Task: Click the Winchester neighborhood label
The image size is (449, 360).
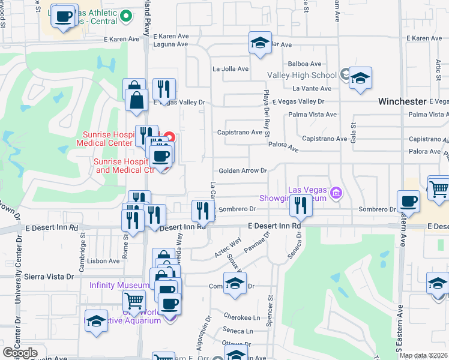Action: [402, 102]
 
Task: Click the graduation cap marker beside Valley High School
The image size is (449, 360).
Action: [360, 79]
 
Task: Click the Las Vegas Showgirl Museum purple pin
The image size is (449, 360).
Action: [336, 193]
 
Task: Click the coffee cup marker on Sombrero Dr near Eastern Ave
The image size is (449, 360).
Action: [408, 201]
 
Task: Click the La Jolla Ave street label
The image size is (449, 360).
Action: [230, 69]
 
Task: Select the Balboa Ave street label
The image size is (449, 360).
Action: [304, 64]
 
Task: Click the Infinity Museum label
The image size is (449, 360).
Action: [119, 285]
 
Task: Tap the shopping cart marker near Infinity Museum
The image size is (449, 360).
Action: [134, 301]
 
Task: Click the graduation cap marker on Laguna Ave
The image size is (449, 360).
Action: [260, 43]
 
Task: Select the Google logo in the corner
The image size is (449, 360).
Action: [19, 353]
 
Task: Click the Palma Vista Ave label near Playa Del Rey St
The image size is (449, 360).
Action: [312, 115]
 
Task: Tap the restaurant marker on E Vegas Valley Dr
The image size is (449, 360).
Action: [163, 89]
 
